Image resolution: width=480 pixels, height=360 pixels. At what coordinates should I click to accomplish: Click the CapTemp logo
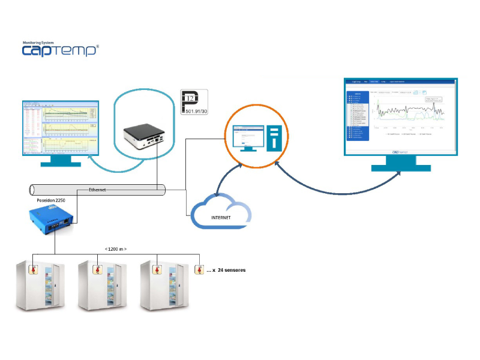[x=60, y=50]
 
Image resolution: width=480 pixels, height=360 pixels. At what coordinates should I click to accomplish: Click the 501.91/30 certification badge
[x=194, y=102]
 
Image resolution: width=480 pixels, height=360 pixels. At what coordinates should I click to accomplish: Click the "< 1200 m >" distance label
[x=116, y=248]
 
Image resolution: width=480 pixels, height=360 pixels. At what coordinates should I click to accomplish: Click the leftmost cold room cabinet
[x=40, y=286]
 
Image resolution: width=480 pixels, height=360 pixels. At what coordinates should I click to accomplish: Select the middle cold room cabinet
[x=101, y=286]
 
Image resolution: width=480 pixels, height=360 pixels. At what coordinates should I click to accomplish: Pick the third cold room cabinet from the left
[x=163, y=286]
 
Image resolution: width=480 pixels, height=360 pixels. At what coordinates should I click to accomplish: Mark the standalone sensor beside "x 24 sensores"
[x=199, y=269]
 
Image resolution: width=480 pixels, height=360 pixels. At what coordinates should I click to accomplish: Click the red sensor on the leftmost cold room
[x=34, y=269]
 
